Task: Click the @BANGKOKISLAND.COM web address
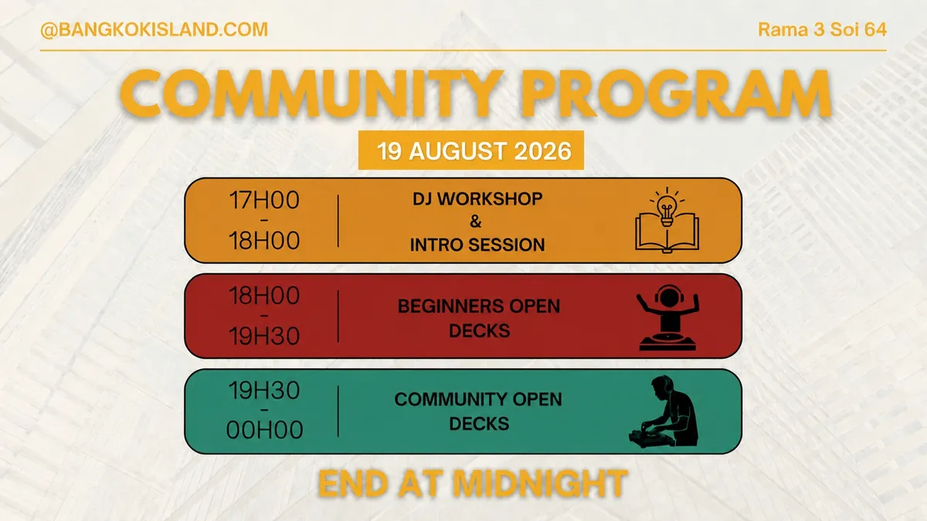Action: pyautogui.click(x=154, y=30)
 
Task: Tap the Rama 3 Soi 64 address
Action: pyautogui.click(x=822, y=29)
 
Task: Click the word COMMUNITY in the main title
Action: pyautogui.click(x=311, y=94)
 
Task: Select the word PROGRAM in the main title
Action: pyautogui.click(x=675, y=94)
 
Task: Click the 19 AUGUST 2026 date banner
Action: pyautogui.click(x=471, y=150)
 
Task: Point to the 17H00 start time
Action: pyautogui.click(x=264, y=200)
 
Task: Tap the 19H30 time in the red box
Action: pyautogui.click(x=264, y=336)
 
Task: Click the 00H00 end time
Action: pyautogui.click(x=264, y=430)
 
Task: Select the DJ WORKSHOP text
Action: pyautogui.click(x=477, y=199)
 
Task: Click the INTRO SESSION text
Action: pyautogui.click(x=477, y=245)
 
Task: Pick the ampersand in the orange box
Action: pyautogui.click(x=476, y=222)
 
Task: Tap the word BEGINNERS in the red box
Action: pyautogui.click(x=450, y=306)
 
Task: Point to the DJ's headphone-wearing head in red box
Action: pyautogui.click(x=668, y=296)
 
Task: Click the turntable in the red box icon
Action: pyautogui.click(x=667, y=343)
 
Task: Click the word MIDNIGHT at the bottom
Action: pyautogui.click(x=540, y=483)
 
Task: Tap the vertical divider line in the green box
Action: pyautogui.click(x=338, y=411)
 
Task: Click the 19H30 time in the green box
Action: pyautogui.click(x=264, y=391)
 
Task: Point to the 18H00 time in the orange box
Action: pyautogui.click(x=264, y=241)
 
